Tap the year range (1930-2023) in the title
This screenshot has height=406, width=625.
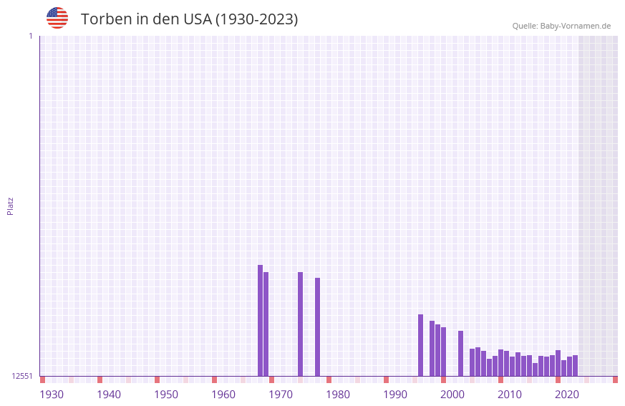(x=256, y=19)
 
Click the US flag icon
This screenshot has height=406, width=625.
(x=57, y=18)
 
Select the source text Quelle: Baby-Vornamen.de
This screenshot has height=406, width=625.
(x=561, y=26)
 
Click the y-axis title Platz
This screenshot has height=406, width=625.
(x=10, y=206)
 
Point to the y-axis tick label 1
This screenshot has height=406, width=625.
(x=30, y=36)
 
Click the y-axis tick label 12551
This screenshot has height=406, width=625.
(x=22, y=376)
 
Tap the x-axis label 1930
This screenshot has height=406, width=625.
(x=52, y=395)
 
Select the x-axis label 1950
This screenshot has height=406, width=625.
(x=166, y=395)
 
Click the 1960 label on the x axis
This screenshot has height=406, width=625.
(x=223, y=395)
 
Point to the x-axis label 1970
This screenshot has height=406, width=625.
(x=281, y=395)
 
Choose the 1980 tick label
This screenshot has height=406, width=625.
(x=338, y=395)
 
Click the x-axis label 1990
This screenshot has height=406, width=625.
(x=395, y=395)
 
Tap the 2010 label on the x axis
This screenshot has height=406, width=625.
(x=510, y=395)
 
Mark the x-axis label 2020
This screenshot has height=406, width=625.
(x=567, y=395)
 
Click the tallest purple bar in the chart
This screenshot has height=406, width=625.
(x=260, y=320)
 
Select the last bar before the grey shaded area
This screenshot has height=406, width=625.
(x=575, y=365)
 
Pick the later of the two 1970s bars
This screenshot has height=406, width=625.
(x=317, y=327)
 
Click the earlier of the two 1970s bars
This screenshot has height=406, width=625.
(x=300, y=324)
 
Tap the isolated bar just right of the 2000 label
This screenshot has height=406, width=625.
(x=460, y=353)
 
